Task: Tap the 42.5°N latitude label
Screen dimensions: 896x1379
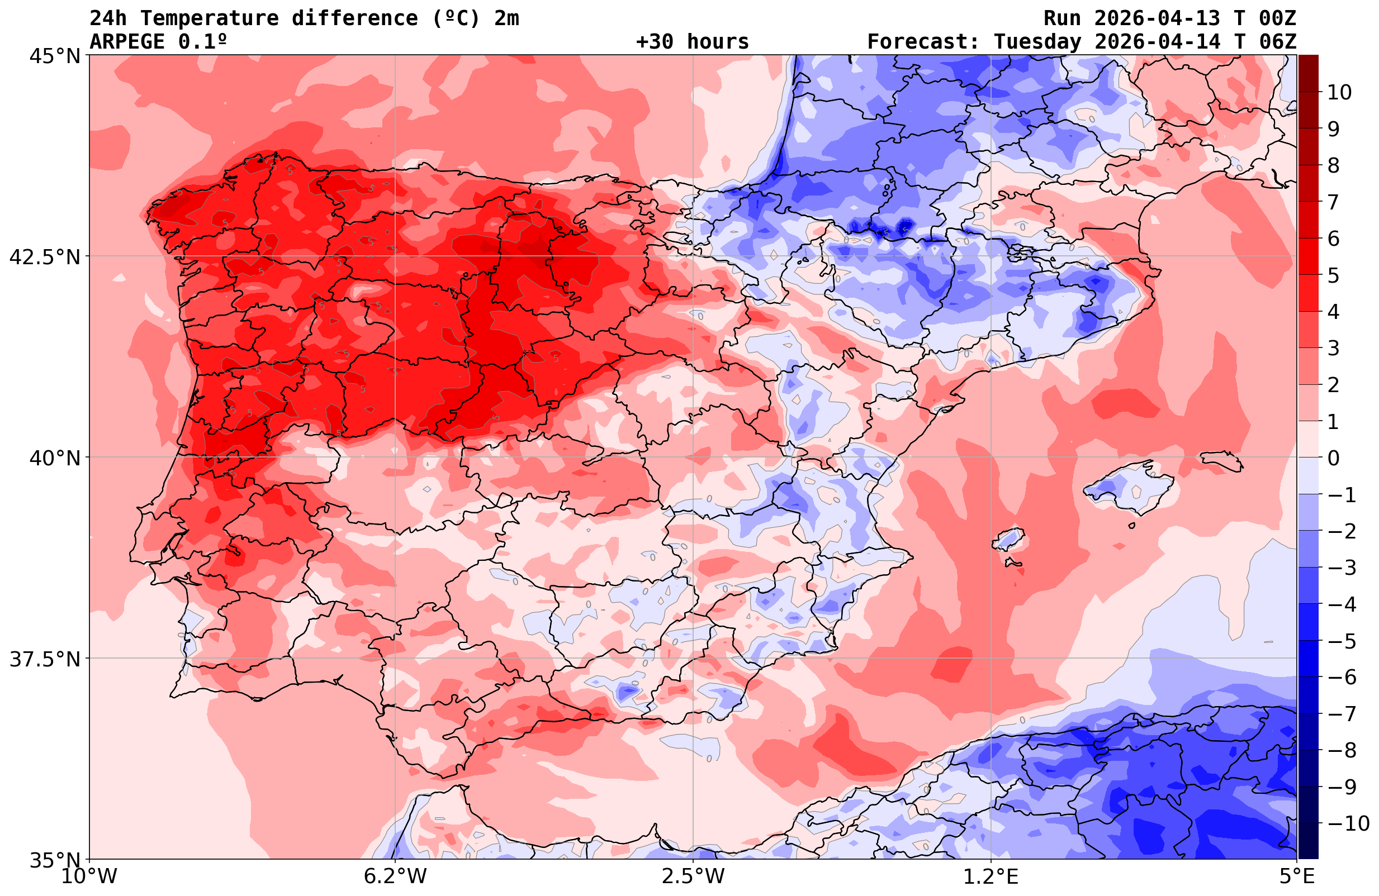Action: (45, 256)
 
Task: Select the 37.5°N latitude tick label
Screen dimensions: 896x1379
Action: (45, 659)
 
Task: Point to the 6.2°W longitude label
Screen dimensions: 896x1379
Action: (395, 876)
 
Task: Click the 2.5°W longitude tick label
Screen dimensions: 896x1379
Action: (693, 876)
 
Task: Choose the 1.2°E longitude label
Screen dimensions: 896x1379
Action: (991, 876)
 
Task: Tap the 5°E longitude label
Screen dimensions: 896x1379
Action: (1297, 876)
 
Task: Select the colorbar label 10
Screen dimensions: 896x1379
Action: (1340, 92)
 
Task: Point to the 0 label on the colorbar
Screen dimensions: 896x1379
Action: (1333, 458)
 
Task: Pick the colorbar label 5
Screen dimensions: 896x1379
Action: (1333, 275)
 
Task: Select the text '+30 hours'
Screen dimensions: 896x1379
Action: (693, 42)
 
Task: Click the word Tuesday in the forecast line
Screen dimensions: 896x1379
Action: (1037, 42)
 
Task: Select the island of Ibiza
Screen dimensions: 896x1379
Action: (1009, 538)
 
